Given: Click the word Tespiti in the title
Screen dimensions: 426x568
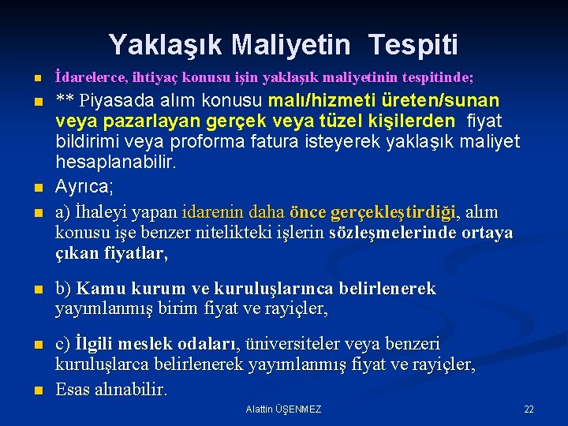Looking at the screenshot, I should click(x=418, y=44).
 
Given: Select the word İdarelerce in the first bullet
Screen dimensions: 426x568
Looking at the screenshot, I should click(x=87, y=77).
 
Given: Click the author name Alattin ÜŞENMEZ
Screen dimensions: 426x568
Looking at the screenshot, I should click(x=283, y=409).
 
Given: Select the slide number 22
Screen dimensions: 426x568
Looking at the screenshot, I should click(x=529, y=409).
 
